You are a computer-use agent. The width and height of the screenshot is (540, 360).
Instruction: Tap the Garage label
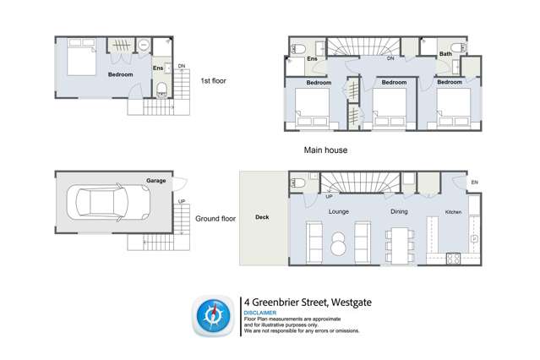(x=155, y=181)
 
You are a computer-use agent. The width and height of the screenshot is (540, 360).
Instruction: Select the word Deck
(x=262, y=217)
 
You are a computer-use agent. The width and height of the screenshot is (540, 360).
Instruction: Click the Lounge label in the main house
(x=339, y=211)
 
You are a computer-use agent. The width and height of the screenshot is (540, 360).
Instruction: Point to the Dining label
(x=400, y=211)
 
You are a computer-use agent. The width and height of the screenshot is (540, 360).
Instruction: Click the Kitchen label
(x=455, y=211)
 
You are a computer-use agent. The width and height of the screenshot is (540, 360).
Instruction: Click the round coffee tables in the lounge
(x=338, y=243)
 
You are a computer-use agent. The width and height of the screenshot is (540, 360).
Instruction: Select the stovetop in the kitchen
(x=452, y=259)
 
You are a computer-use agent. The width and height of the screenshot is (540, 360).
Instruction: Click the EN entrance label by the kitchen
(x=474, y=183)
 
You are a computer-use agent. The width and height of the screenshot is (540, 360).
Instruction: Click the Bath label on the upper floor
(x=445, y=55)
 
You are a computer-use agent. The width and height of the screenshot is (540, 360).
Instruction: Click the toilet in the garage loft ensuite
(x=161, y=89)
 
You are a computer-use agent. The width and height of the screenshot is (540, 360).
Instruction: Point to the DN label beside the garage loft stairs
(x=181, y=66)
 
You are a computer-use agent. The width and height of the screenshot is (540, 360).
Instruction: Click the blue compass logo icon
(x=211, y=315)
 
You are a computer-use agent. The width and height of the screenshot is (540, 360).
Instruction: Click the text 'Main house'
(x=325, y=150)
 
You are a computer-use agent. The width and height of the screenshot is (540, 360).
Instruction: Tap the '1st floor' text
(x=212, y=81)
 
